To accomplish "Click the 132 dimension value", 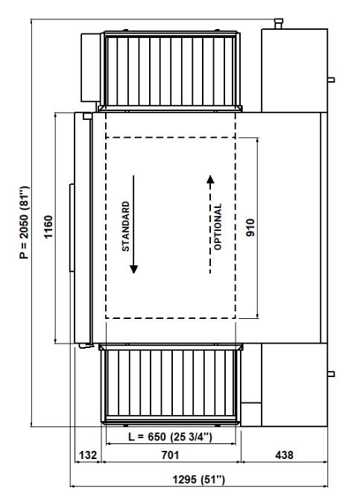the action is click(88, 455).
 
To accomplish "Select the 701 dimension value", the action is click(170, 455).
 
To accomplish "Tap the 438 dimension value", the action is click(284, 455).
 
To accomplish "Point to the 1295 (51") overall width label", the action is click(199, 480).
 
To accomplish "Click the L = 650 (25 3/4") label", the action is click(170, 437).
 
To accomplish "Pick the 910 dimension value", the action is click(250, 227).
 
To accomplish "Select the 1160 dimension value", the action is click(48, 227).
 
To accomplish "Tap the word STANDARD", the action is click(126, 226).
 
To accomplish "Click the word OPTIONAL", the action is click(218, 227).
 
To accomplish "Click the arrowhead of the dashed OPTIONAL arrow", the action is click(210, 180).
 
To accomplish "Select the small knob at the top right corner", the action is click(278, 24).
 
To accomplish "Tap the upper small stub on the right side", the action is click(331, 80).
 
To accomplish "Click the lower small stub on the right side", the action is click(331, 374).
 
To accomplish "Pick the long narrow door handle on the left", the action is click(72, 228).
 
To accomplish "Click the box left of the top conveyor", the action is click(90, 67).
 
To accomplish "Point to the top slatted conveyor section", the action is click(171, 72).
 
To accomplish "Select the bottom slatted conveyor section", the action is click(171, 385).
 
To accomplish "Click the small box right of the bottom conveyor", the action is click(251, 414).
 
